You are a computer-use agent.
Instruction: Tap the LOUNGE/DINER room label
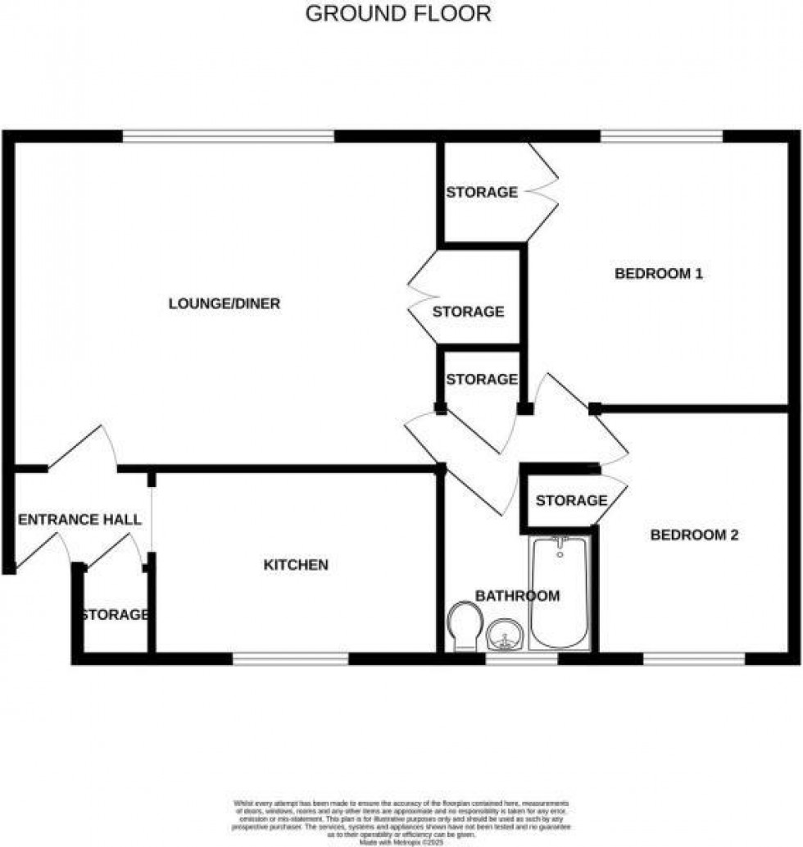(225, 304)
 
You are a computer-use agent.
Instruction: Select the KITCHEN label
(295, 565)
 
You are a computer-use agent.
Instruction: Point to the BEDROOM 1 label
(659, 274)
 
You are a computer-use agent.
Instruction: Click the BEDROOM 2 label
(694, 535)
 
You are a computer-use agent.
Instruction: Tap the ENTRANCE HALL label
(79, 520)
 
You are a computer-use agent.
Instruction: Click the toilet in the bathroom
(465, 626)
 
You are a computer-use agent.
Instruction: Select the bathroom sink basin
(506, 635)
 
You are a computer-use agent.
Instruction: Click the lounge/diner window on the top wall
(229, 136)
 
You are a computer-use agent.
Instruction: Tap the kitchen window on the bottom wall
(290, 658)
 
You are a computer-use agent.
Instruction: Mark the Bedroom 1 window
(660, 136)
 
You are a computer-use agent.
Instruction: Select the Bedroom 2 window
(693, 658)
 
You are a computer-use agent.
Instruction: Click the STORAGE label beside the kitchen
(114, 615)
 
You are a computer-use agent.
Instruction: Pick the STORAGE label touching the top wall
(481, 193)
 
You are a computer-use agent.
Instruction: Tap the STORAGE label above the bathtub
(570, 500)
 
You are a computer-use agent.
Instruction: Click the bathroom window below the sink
(521, 658)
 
